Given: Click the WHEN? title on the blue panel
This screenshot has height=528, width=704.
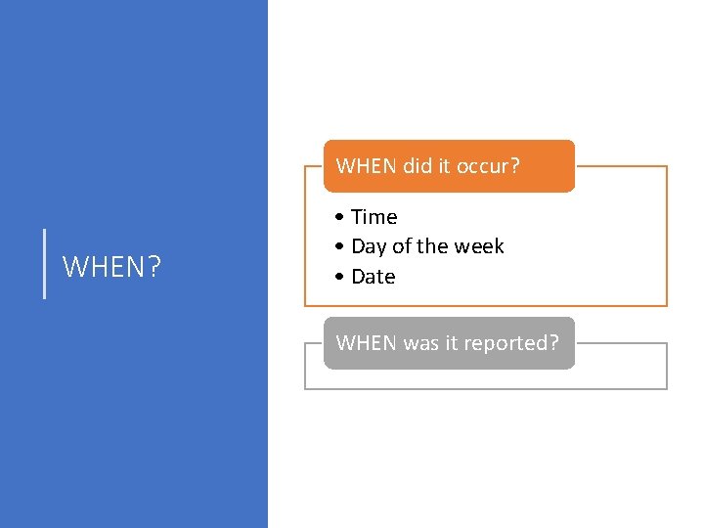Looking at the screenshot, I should pyautogui.click(x=112, y=267).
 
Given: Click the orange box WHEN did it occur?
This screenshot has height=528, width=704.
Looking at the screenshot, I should pyautogui.click(x=450, y=166).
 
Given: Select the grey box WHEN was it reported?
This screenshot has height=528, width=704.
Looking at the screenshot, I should pyautogui.click(x=450, y=343).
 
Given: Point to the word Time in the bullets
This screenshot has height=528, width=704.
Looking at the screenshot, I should pyautogui.click(x=374, y=217).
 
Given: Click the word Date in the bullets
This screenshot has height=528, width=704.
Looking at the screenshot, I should pyautogui.click(x=374, y=277).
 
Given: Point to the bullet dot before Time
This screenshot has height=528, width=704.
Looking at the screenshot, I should pyautogui.click(x=337, y=217).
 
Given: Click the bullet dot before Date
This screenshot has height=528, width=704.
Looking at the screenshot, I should pyautogui.click(x=337, y=277).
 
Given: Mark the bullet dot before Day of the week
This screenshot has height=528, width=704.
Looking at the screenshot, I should pyautogui.click(x=337, y=246).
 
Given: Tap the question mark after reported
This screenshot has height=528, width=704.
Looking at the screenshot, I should pyautogui.click(x=554, y=343).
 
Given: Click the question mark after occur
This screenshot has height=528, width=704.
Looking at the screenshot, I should pyautogui.click(x=515, y=166).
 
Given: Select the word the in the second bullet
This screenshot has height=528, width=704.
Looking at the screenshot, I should pyautogui.click(x=433, y=246).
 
